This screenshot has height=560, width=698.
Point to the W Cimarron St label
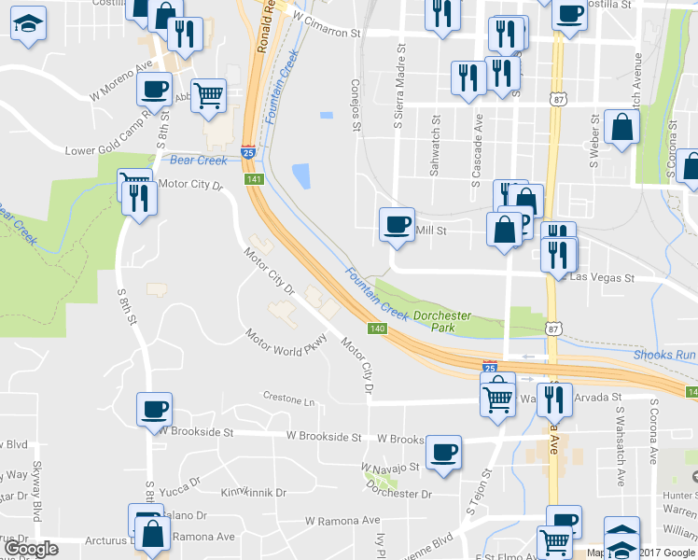pos(326,24)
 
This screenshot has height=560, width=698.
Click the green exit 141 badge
pos(256,178)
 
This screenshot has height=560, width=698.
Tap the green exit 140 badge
pos(377,329)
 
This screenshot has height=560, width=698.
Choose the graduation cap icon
pos(29,25)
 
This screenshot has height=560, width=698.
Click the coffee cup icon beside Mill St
pos(397,225)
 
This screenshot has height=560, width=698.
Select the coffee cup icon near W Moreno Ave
pos(154,91)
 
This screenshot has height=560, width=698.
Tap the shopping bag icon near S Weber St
pos(621,128)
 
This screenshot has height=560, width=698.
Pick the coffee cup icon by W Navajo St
pos(443,453)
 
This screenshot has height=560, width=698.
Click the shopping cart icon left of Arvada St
pos(497,396)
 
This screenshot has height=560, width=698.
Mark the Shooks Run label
pos(664,355)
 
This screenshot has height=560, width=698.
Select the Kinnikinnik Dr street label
pos(253,492)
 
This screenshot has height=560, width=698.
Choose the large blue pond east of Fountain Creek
pos(300,175)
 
